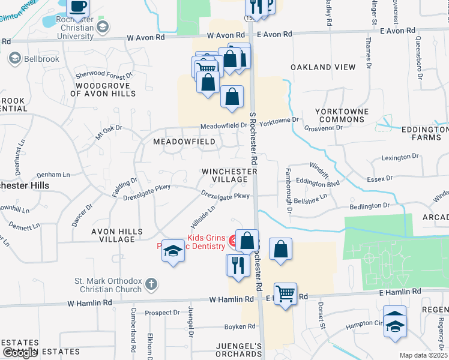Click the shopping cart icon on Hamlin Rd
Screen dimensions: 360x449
tap(285, 294)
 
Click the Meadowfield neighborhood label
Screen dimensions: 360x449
tap(184, 142)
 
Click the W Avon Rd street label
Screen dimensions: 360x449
tap(145, 37)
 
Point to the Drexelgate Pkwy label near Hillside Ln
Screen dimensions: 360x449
tap(225, 196)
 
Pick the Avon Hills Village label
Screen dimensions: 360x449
tap(113, 235)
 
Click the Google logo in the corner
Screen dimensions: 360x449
tap(20, 353)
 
